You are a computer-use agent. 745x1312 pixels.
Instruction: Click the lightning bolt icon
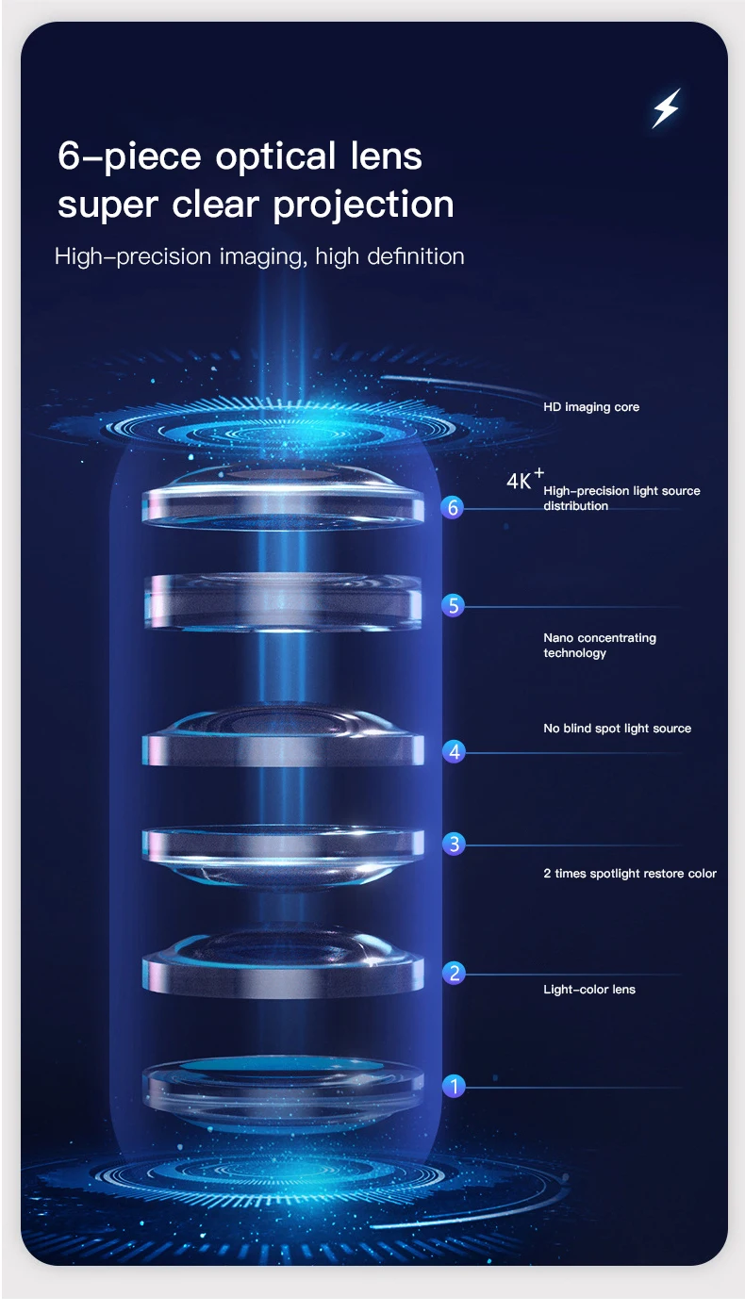666,108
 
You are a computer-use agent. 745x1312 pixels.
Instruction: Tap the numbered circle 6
454,508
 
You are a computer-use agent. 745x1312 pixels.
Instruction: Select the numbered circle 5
454,605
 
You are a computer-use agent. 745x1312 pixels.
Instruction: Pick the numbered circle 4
454,751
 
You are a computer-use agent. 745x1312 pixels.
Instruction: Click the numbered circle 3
454,844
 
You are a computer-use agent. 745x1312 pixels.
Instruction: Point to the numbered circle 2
454,973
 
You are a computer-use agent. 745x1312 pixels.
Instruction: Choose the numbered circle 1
454,1086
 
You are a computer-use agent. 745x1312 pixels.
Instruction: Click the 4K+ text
523,480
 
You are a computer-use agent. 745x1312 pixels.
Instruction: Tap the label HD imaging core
590,407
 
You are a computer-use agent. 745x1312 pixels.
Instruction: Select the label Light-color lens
589,990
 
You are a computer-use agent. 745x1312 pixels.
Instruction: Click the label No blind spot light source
617,729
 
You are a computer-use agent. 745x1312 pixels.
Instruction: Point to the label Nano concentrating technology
599,646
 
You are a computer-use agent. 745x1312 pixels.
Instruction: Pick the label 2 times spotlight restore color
629,874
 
